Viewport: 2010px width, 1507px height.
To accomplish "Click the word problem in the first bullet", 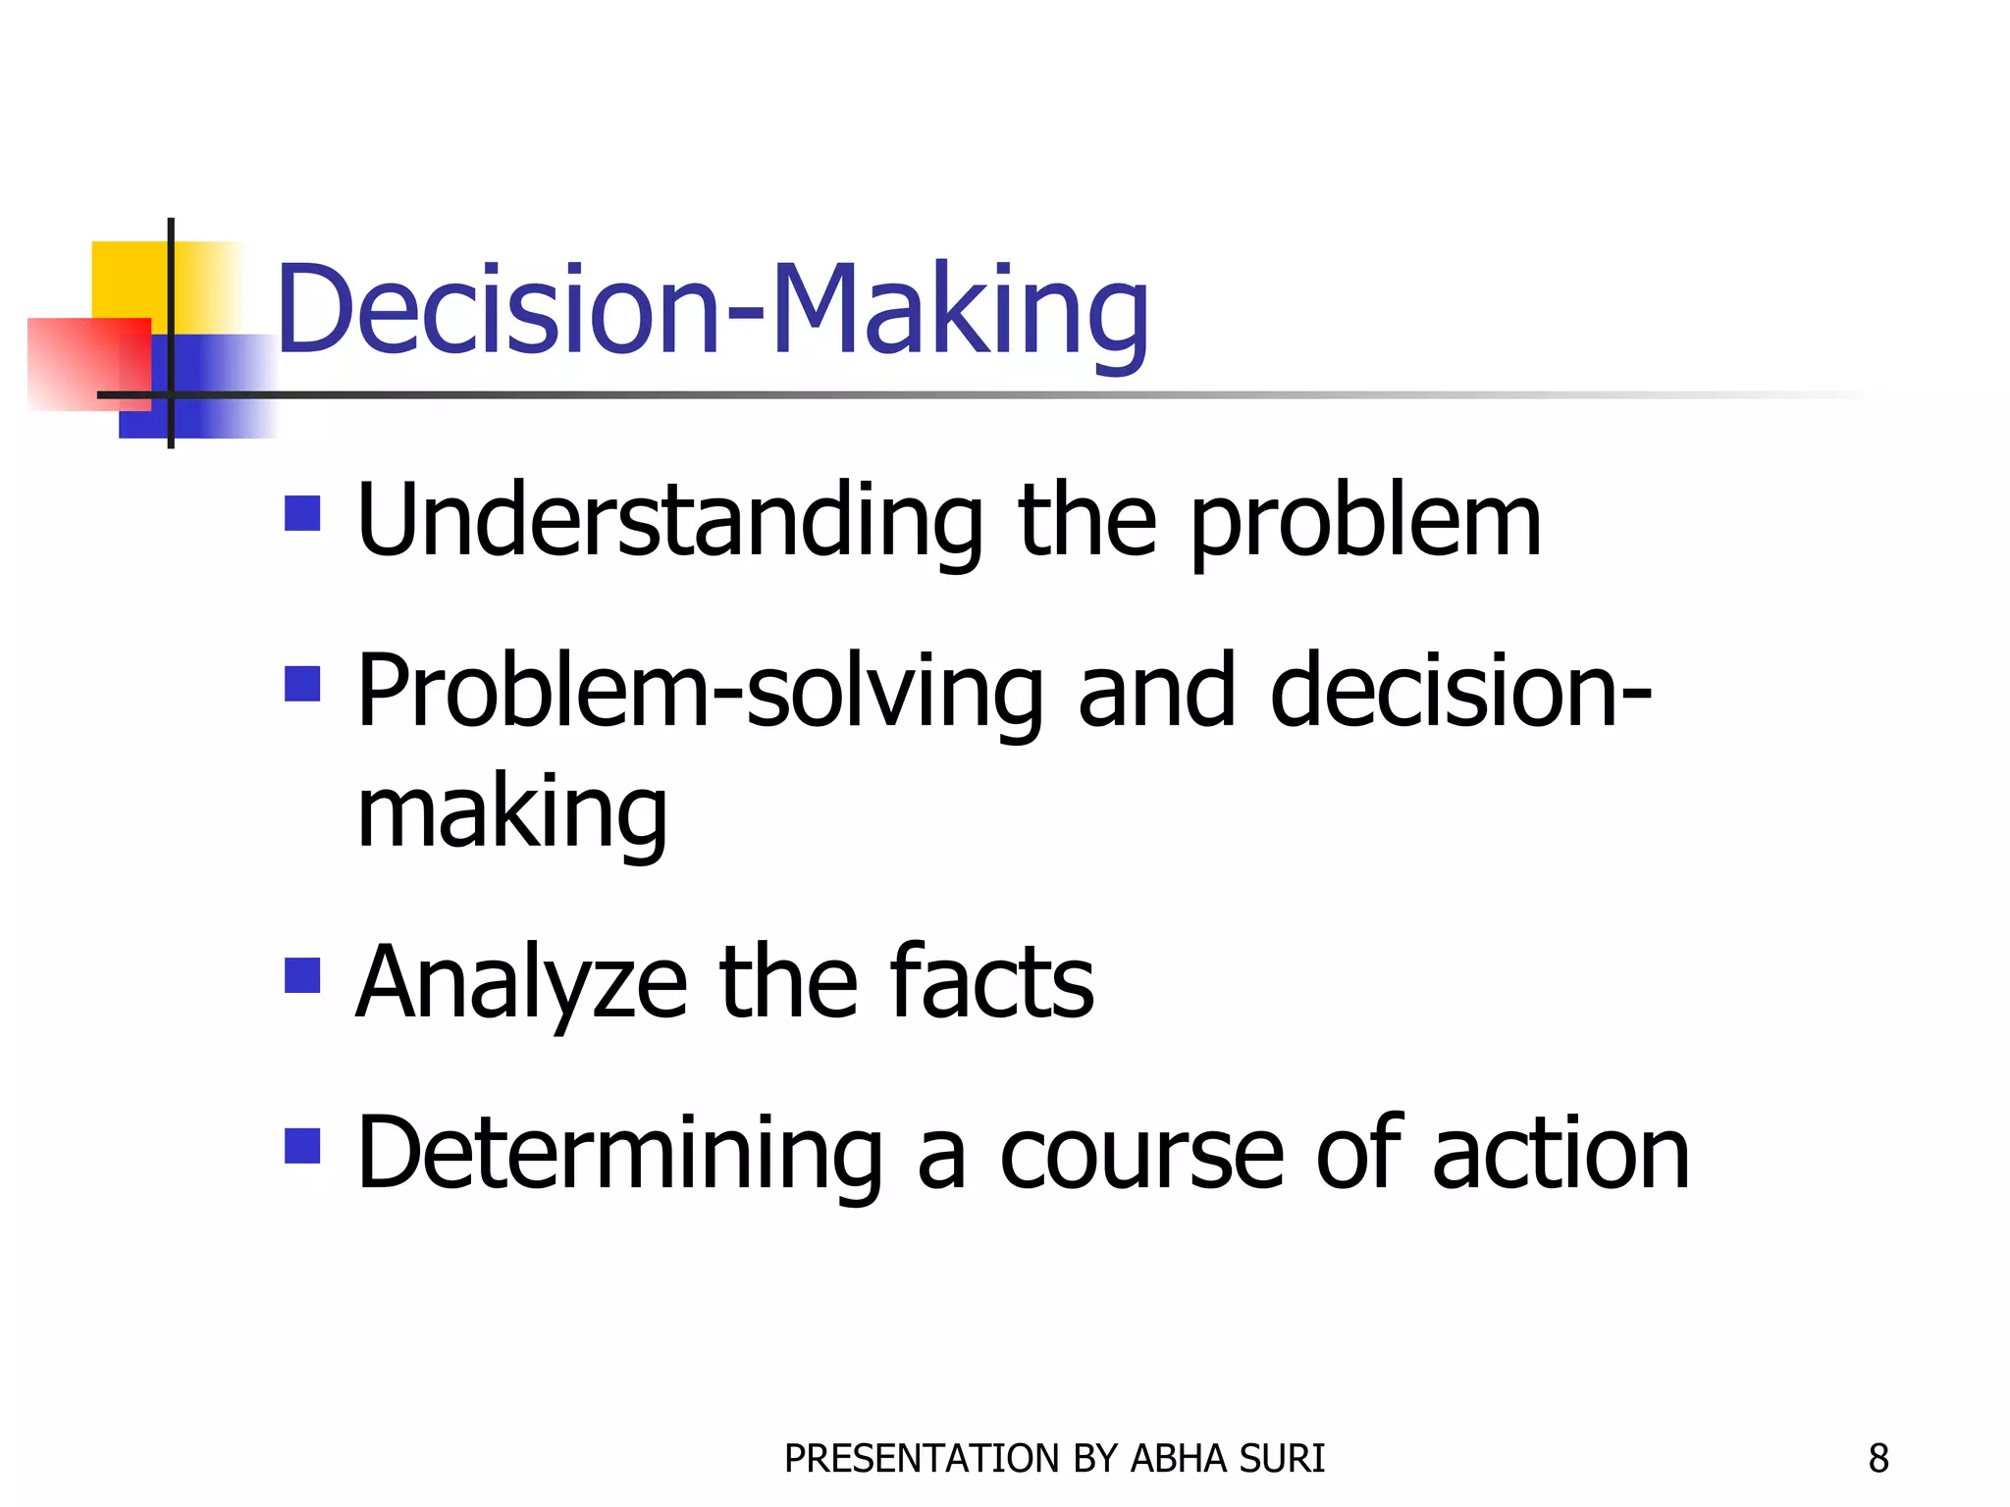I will point(1365,522).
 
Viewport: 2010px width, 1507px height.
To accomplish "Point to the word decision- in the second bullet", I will point(1460,693).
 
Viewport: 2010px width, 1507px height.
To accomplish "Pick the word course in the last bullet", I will point(1141,1155).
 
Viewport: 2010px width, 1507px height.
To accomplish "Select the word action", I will point(1560,1155).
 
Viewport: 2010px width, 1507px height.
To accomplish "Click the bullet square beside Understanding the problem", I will point(302,513).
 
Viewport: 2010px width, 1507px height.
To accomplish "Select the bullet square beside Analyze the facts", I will point(302,975).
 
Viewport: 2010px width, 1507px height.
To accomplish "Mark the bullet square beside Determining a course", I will point(302,1146).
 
